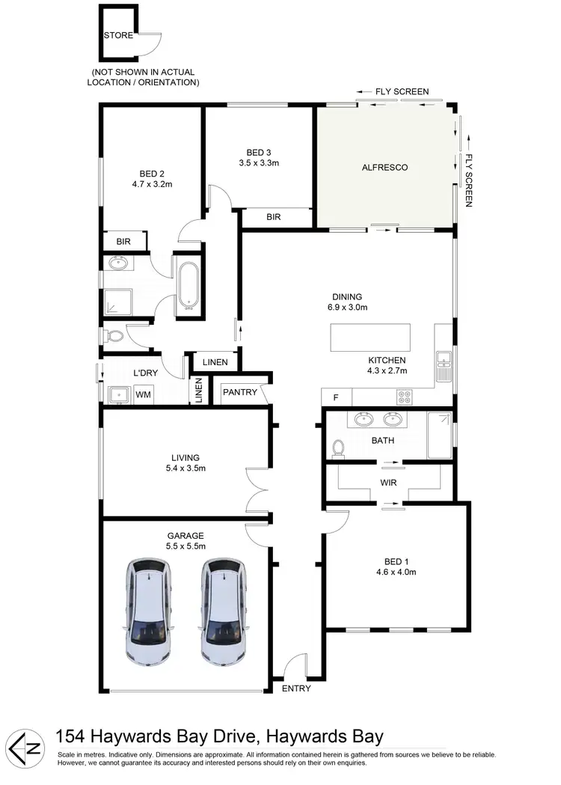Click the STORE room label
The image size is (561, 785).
coord(119,35)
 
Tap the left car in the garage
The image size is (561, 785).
coord(148,611)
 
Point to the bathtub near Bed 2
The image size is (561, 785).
coord(187,285)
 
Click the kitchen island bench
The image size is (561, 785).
coord(370,337)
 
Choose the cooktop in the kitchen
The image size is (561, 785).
coord(405,397)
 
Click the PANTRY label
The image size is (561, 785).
coord(239,392)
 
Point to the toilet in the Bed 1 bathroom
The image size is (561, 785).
coord(338,448)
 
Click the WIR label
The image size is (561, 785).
coord(388,483)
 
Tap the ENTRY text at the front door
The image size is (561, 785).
coord(296,688)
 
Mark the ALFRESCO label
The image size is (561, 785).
coord(384,167)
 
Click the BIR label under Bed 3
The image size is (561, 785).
coord(273,217)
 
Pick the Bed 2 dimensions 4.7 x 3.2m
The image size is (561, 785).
coord(151,183)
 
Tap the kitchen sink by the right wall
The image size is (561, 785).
coord(444,367)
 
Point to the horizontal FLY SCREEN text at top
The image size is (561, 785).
coord(402,91)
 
